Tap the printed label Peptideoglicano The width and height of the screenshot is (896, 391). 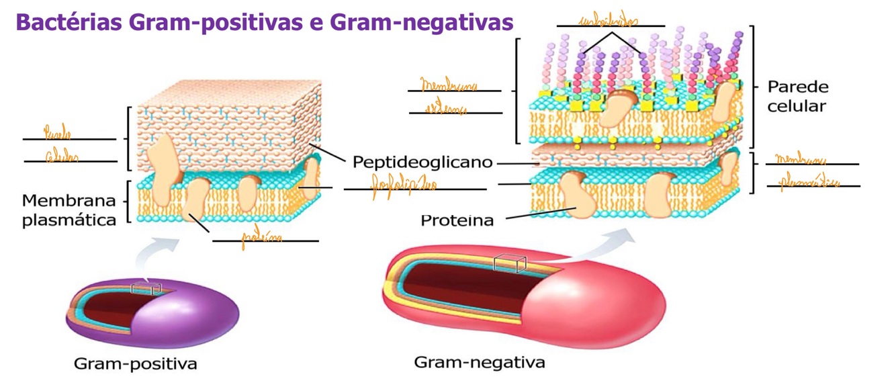tap(422, 163)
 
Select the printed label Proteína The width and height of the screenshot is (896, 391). tap(457, 220)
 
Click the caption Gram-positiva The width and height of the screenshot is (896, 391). tap(135, 365)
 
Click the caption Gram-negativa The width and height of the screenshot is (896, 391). tap(480, 363)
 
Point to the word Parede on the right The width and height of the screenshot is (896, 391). tap(798, 87)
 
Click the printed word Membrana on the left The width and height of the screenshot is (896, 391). tap(69, 200)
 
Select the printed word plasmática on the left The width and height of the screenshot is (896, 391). tap(69, 220)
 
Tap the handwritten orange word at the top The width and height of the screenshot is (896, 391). tap(609, 21)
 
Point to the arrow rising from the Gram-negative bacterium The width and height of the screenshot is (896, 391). tap(604, 245)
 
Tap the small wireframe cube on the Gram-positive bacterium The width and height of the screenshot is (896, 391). tap(146, 288)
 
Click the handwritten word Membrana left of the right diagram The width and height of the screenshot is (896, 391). tap(449, 87)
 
